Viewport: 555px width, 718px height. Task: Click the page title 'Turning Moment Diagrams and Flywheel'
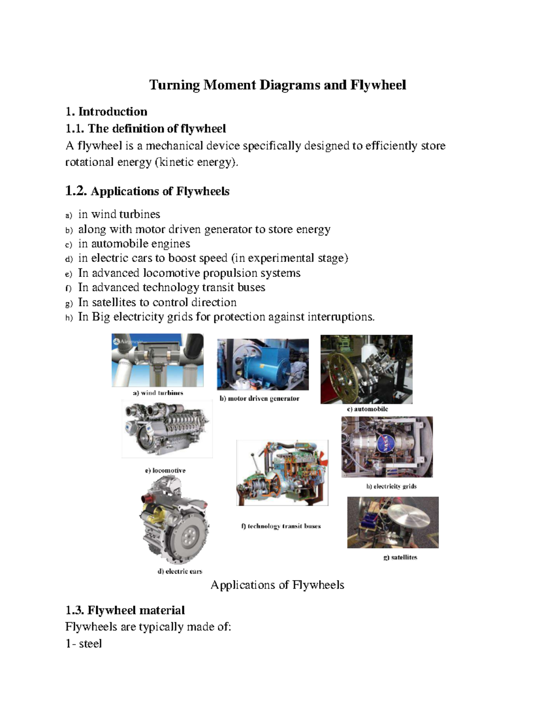(x=277, y=85)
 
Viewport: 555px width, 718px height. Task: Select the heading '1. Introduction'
(x=106, y=111)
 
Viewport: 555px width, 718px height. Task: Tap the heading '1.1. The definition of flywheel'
(x=146, y=128)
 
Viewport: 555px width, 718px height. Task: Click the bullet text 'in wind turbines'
(x=119, y=214)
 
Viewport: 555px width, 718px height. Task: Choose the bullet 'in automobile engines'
(x=134, y=244)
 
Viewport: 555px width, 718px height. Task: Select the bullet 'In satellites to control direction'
(x=157, y=302)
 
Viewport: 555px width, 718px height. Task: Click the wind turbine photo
(x=157, y=360)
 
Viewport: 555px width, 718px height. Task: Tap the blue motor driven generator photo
(x=263, y=364)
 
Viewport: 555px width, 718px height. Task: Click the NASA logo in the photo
(x=383, y=444)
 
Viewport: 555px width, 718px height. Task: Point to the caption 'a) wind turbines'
(x=158, y=393)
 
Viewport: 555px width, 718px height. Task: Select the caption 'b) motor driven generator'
(x=259, y=399)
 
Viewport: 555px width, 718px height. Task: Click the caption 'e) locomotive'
(x=165, y=470)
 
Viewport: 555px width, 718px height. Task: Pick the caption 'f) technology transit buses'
(x=281, y=526)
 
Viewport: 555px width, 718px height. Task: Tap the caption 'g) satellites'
(x=400, y=558)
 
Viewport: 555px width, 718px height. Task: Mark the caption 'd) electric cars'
(x=180, y=571)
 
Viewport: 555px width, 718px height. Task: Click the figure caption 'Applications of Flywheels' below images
(x=277, y=585)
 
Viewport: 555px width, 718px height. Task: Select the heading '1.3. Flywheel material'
(x=125, y=610)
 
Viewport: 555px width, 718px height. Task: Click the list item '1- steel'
(x=84, y=644)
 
